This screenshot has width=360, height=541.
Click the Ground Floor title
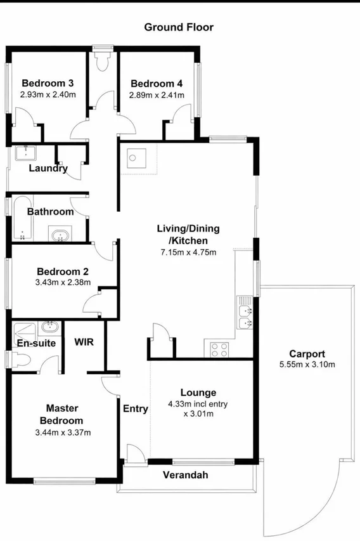[179, 27]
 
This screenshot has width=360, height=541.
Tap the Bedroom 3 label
[48, 83]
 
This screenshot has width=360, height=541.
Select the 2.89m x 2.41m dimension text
[157, 95]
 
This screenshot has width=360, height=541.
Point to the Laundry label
[48, 168]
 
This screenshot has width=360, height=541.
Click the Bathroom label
[50, 211]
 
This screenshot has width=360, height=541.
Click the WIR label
[84, 342]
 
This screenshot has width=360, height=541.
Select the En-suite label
[36, 343]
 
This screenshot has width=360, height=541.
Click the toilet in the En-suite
[20, 360]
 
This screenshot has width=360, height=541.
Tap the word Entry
[136, 408]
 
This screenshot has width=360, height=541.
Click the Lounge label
[198, 393]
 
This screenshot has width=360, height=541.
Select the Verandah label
[185, 475]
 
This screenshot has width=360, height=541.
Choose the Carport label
[307, 353]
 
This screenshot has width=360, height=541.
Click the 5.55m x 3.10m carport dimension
[307, 364]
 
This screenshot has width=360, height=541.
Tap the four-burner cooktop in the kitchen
[219, 348]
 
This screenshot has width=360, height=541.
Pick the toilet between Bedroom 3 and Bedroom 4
[102, 61]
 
